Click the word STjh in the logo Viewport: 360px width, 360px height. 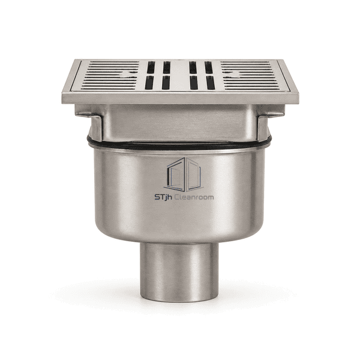[163, 197]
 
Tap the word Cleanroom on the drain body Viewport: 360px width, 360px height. [194, 197]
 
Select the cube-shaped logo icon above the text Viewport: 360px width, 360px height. [184, 175]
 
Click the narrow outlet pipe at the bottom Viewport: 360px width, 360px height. [179, 272]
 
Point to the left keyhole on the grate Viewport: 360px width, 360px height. [128, 74]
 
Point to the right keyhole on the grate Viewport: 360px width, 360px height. [233, 74]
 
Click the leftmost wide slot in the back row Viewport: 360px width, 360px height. [151, 67]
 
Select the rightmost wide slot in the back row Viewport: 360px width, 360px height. [208, 67]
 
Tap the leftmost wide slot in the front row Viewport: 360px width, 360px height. [149, 83]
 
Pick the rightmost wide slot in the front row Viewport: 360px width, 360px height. [211, 83]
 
